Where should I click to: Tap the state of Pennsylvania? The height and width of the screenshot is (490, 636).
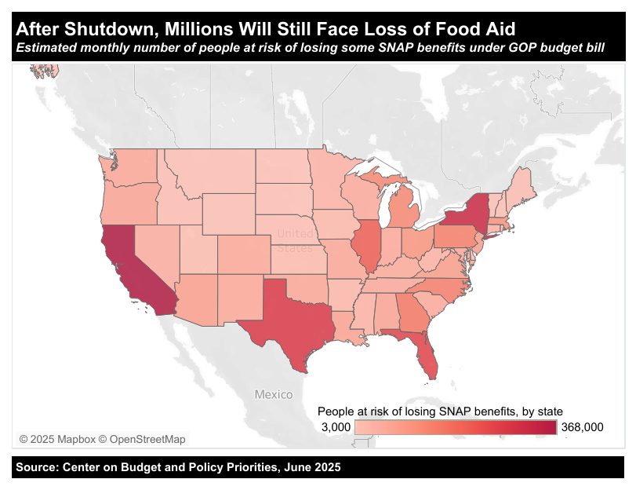point(454,236)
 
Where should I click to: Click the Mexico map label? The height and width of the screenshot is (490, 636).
point(273,394)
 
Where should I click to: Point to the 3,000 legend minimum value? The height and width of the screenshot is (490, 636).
point(336,426)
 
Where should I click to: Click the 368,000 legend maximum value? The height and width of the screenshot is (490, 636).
point(582,426)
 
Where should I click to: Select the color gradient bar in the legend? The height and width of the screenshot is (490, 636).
point(455,426)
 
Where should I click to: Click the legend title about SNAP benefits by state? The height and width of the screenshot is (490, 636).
point(440,411)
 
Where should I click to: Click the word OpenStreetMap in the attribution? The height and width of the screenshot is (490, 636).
point(148,439)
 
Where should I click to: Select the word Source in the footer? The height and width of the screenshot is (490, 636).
point(37,467)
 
